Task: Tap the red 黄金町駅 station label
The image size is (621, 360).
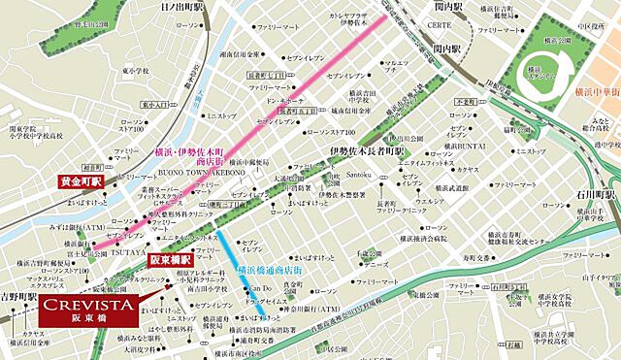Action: (81, 181)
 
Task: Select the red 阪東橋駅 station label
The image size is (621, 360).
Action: (167, 259)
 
